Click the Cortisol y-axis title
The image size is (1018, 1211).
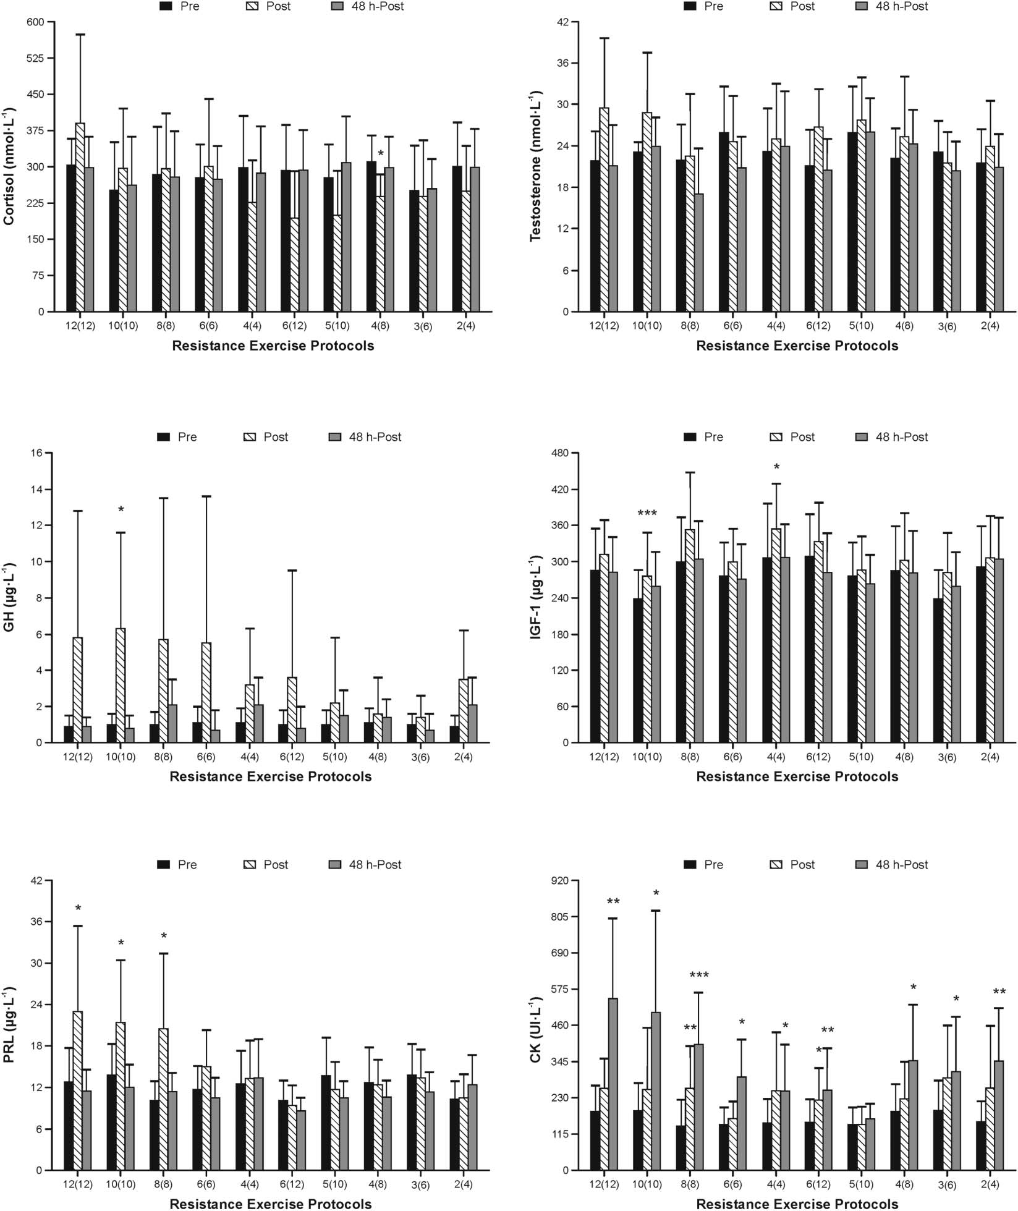9,167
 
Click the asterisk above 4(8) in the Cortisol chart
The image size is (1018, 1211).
381,153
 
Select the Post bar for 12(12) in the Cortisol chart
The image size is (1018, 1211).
80,216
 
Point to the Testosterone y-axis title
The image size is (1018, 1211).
535,167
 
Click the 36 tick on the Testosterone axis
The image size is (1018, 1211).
562,63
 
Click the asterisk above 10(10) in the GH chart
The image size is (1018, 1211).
121,510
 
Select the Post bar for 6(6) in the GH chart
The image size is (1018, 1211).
206,692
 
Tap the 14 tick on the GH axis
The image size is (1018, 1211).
37,489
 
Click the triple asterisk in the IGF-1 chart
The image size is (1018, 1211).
647,513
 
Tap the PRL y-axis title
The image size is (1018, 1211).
9,1024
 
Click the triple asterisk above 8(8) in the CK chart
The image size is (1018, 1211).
699,975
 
